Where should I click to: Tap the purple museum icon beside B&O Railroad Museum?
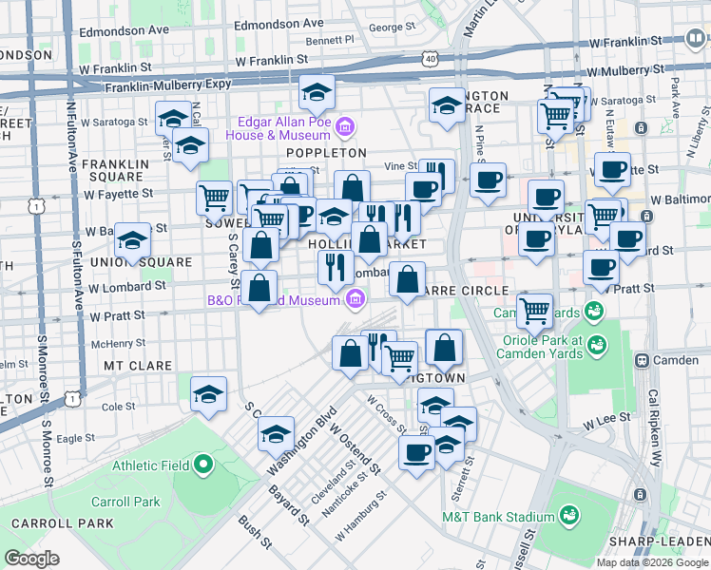pyautogui.click(x=355, y=301)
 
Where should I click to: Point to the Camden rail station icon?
pyautogui.click(x=643, y=361)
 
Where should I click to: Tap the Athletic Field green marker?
pyautogui.click(x=202, y=465)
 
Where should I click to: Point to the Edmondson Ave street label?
pyautogui.click(x=125, y=29)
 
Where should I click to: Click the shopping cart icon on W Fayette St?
pyautogui.click(x=215, y=198)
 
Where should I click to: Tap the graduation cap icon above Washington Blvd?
pyautogui.click(x=276, y=434)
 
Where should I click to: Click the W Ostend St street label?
pyautogui.click(x=355, y=448)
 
